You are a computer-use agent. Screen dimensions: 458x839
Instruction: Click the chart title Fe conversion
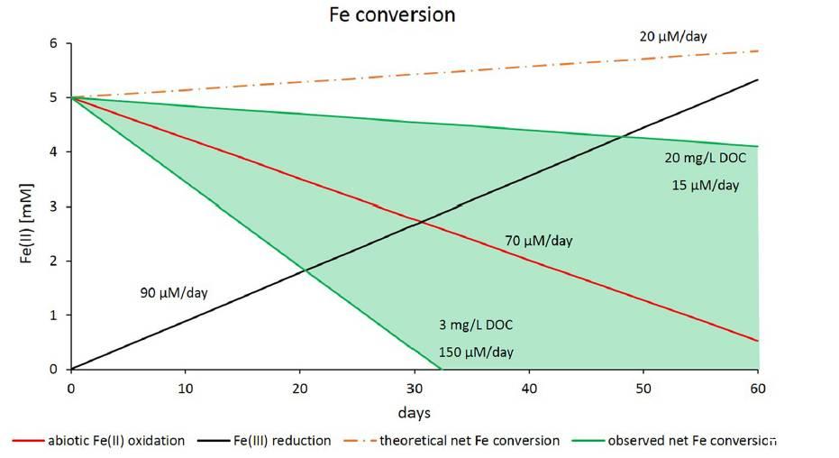pyautogui.click(x=391, y=14)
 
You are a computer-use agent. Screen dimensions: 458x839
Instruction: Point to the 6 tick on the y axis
pyautogui.click(x=53, y=43)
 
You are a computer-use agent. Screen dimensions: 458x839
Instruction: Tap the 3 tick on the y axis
pyautogui.click(x=53, y=206)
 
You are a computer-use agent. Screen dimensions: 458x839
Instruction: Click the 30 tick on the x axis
pyautogui.click(x=414, y=389)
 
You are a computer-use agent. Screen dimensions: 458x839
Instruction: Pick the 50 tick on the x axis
pyautogui.click(x=643, y=389)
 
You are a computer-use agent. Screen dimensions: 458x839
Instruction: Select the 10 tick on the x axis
pyautogui.click(x=185, y=389)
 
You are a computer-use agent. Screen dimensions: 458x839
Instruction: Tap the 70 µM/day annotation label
pyautogui.click(x=538, y=241)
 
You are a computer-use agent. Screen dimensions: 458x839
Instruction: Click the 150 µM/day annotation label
pyautogui.click(x=476, y=352)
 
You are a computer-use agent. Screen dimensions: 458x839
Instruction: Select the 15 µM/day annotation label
pyautogui.click(x=705, y=186)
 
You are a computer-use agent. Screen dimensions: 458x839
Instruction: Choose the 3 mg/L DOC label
pyautogui.click(x=476, y=325)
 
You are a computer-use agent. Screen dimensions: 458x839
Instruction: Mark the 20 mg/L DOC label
pyautogui.click(x=705, y=158)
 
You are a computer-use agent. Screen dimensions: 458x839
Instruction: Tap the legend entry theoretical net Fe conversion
pyautogui.click(x=469, y=441)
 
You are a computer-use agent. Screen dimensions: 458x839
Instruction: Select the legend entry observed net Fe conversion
pyautogui.click(x=691, y=441)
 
